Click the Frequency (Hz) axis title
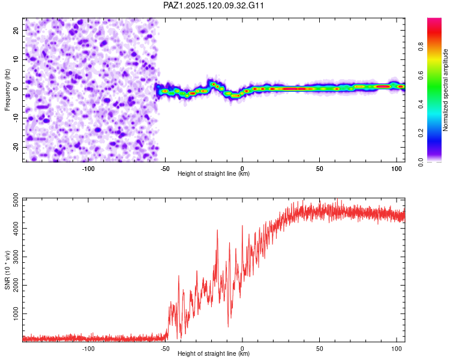point(7,89)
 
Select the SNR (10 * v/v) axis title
point(7,270)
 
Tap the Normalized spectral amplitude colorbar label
point(446,90)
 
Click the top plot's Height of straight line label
point(214,173)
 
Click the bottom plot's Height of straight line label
point(214,354)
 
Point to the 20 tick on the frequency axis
point(16,29)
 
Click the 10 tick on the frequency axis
point(16,59)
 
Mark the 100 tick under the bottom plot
point(397,347)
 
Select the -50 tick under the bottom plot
point(166,347)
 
